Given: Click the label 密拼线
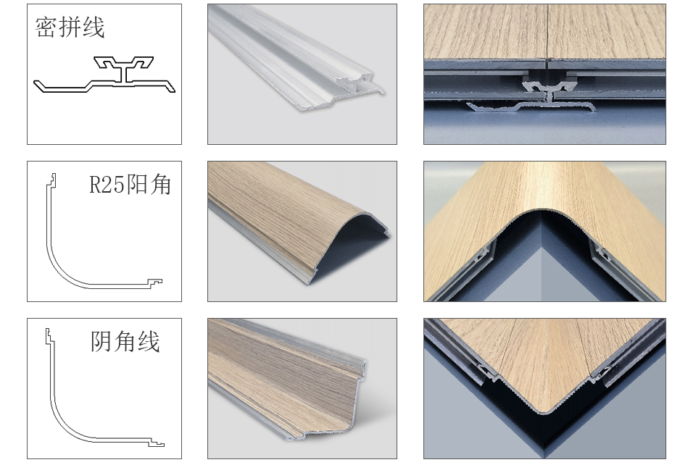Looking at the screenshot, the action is [x=70, y=28].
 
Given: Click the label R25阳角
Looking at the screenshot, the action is [x=130, y=185].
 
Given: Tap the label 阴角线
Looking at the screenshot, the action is [x=125, y=342].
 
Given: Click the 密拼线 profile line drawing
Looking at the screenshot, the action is [x=104, y=75].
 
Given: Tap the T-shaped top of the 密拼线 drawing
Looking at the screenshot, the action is [x=123, y=63].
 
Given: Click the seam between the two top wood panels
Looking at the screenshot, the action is [x=547, y=31].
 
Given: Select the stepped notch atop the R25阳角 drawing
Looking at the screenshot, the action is [x=52, y=178].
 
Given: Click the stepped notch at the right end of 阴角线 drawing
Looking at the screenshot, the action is [x=157, y=442].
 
